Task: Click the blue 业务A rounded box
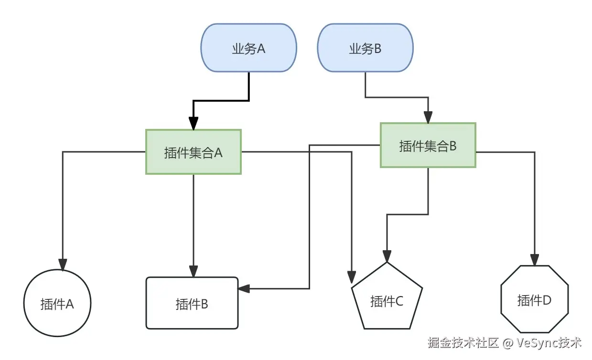click(x=248, y=48)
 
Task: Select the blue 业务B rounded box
click(x=365, y=48)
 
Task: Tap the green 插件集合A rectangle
click(x=193, y=152)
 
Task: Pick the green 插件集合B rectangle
click(x=428, y=145)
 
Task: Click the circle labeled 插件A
click(x=57, y=304)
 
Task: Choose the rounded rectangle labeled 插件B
click(x=192, y=303)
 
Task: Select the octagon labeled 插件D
click(x=534, y=299)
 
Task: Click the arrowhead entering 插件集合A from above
click(x=193, y=124)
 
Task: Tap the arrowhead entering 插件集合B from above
click(x=428, y=117)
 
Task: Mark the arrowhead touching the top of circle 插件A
click(x=63, y=264)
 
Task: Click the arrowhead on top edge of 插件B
click(x=194, y=271)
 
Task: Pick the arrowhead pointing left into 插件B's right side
click(x=244, y=288)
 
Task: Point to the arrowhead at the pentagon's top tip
click(x=387, y=256)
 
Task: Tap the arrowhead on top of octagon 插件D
click(x=535, y=259)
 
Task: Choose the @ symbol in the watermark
click(x=508, y=343)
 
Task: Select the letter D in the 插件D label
click(x=547, y=300)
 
